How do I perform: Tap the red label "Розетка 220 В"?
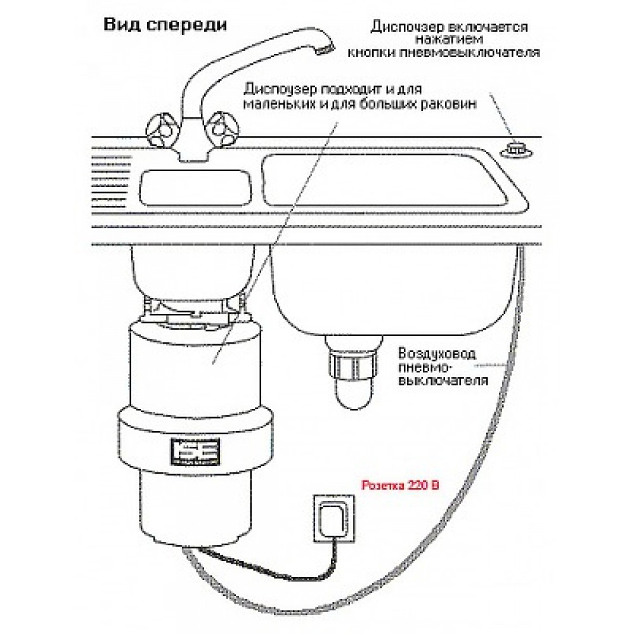tap(399, 487)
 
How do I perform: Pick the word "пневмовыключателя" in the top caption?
tap(483, 54)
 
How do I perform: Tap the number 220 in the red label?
tap(418, 487)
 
